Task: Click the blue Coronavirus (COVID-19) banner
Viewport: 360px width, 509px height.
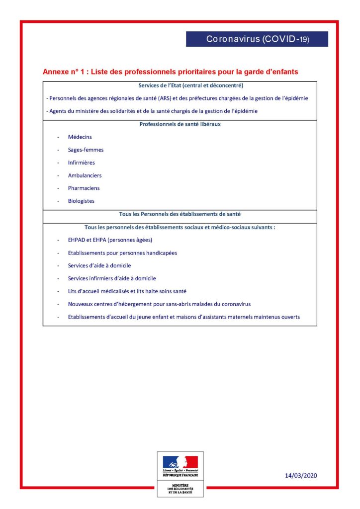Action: tap(257, 39)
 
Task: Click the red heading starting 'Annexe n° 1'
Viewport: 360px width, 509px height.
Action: tap(171, 72)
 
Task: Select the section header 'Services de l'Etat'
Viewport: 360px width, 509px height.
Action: tap(180, 85)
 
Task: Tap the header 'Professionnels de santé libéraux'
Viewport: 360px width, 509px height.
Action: tap(180, 124)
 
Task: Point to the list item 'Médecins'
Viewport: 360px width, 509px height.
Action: tap(80, 137)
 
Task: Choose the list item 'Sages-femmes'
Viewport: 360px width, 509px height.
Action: tap(86, 150)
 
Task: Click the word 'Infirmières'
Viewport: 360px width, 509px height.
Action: tap(81, 163)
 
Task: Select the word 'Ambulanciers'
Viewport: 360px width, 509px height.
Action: tap(85, 175)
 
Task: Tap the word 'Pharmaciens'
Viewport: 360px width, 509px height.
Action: tap(84, 188)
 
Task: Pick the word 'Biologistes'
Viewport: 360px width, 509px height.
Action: tap(81, 201)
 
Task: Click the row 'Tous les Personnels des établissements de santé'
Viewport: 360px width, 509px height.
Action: tap(180, 214)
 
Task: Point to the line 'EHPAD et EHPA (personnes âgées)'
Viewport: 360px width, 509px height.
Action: tap(110, 240)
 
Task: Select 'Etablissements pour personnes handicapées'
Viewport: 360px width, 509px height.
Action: tap(122, 253)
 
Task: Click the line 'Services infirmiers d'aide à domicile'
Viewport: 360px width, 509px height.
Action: tap(115, 279)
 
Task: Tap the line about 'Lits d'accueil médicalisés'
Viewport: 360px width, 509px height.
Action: tap(127, 291)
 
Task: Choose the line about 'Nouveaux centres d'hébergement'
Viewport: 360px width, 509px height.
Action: tap(159, 304)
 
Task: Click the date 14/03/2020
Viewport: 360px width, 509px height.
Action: tap(301, 476)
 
